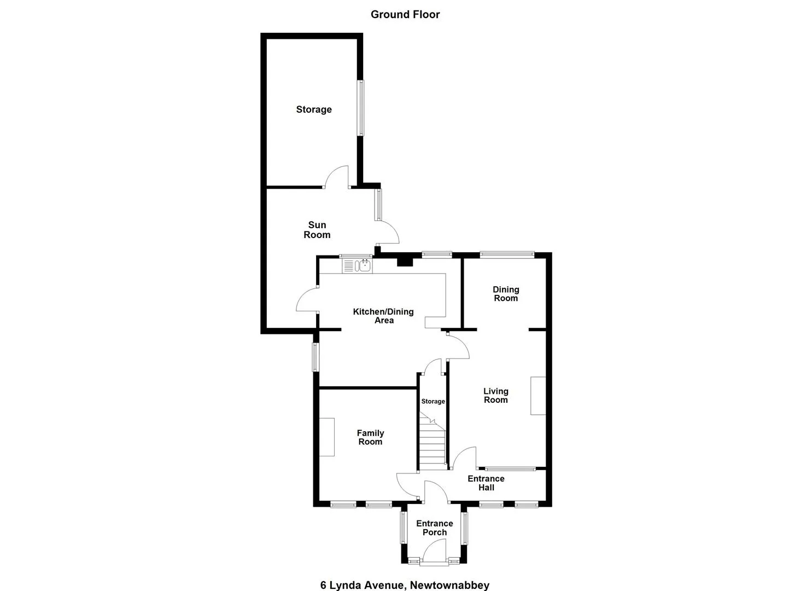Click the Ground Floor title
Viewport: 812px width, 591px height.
point(405,15)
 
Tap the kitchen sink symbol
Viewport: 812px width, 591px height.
point(357,266)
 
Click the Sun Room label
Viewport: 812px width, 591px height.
point(317,230)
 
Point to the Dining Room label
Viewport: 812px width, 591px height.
point(506,294)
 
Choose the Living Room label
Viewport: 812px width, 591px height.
point(496,396)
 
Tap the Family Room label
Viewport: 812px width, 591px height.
point(370,437)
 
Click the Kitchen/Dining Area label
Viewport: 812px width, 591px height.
point(383,316)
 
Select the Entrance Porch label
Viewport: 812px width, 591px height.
point(435,528)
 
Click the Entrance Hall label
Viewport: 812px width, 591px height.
point(486,483)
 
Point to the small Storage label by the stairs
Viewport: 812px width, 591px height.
point(433,401)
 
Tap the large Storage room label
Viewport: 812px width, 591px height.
point(314,109)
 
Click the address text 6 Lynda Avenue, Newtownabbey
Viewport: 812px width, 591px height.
point(405,575)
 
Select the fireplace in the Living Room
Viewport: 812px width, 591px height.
point(538,396)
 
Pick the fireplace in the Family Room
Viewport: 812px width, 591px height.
point(326,437)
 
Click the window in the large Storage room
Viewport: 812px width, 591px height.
point(360,108)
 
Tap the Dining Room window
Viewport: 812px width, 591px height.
point(507,254)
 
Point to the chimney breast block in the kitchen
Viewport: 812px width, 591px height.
point(405,262)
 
